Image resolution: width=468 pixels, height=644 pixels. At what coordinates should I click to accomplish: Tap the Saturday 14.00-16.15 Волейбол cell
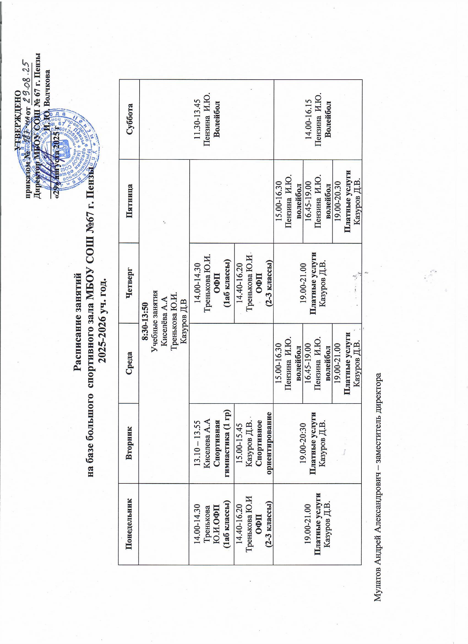point(318,120)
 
